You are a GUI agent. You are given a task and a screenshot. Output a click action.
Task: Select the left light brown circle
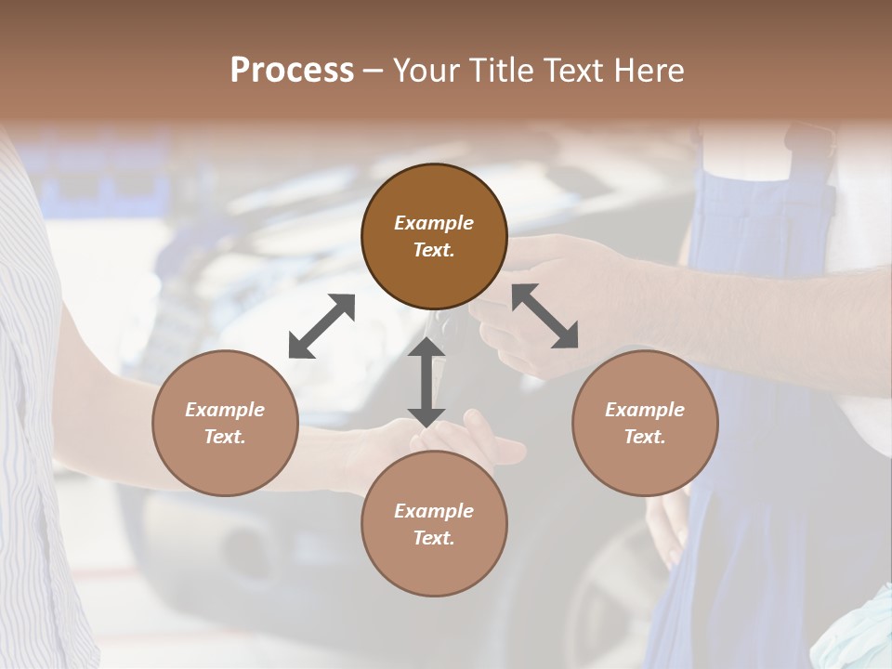(x=225, y=423)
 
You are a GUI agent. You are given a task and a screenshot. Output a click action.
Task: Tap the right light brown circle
(x=645, y=423)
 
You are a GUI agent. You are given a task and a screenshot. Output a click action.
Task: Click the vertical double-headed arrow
(x=426, y=382)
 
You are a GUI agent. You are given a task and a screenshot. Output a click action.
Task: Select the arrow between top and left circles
(x=321, y=326)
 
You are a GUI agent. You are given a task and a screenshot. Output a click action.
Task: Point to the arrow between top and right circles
(x=544, y=316)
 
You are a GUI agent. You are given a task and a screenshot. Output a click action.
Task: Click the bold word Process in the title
(x=292, y=70)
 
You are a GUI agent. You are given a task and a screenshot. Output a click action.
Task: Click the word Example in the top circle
(x=434, y=223)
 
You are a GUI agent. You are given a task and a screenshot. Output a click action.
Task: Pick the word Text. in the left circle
(x=225, y=437)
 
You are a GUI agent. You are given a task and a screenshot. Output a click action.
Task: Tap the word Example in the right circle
(x=645, y=410)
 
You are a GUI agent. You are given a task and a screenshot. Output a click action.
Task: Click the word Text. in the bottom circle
(x=434, y=538)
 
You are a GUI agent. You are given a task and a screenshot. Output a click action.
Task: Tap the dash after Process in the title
(x=374, y=71)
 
